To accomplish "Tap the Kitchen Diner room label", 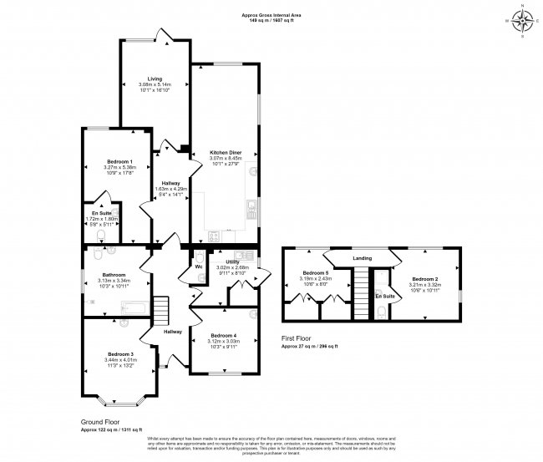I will point(225,153).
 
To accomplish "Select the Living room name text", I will point(155,79).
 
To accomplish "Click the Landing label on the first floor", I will point(363,258).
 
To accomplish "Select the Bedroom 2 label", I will point(424,279).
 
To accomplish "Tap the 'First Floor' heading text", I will point(297,338).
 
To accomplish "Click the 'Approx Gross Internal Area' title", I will point(271,14).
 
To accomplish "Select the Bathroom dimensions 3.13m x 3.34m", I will point(114,282).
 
